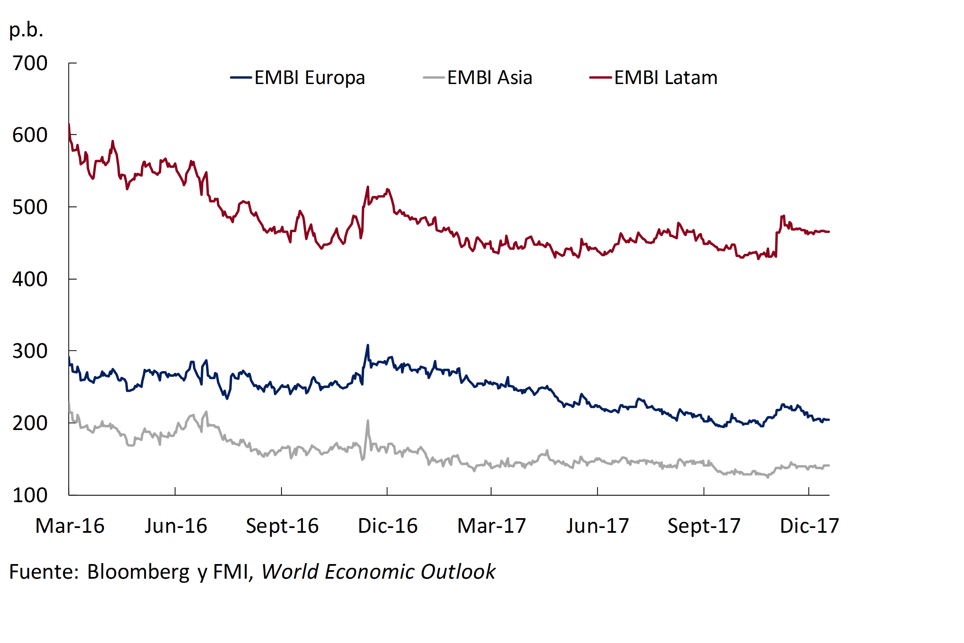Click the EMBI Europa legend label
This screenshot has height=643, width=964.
[309, 78]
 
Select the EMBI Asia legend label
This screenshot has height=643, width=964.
[489, 78]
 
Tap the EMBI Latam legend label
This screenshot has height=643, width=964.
[666, 78]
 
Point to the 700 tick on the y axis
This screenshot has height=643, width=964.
[30, 64]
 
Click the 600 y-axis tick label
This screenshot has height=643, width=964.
[30, 135]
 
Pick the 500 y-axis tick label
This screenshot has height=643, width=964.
[30, 208]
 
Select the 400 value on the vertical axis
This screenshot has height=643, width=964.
[30, 280]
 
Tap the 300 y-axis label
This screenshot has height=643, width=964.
[30, 351]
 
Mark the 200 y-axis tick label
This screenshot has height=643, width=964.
[30, 424]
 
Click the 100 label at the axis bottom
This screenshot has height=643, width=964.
[30, 496]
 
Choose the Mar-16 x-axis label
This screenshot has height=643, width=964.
[70, 526]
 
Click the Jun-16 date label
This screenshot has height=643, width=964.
[176, 526]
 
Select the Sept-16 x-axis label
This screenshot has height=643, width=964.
[282, 526]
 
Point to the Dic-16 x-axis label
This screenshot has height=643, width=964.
[388, 526]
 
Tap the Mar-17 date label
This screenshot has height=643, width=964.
[491, 526]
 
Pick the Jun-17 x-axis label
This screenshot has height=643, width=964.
[597, 526]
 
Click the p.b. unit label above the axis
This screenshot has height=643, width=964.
[26, 30]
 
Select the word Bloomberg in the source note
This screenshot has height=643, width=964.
[138, 572]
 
